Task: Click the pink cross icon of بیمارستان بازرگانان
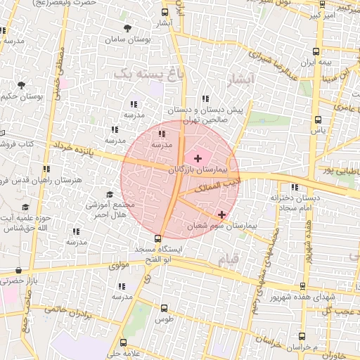click(198, 158)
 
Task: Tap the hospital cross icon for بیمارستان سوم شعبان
click(222, 214)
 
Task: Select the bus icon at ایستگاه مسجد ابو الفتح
click(157, 238)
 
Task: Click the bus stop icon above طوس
click(165, 308)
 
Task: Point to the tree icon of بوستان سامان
click(127, 29)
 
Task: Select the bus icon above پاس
click(318, 120)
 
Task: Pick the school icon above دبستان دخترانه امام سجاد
click(294, 187)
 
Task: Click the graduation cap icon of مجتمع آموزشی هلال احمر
click(109, 195)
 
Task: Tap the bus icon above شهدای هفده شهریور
click(303, 285)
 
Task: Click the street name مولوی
click(120, 266)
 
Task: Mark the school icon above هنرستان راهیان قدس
click(46, 169)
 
